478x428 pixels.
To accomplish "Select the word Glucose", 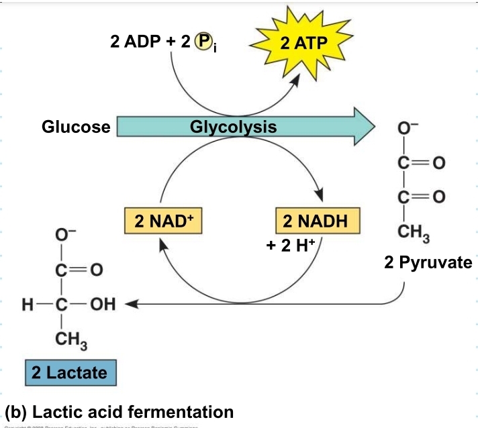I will [76, 127].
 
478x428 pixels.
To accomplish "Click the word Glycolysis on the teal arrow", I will [233, 126].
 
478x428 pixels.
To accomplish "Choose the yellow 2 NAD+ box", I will [163, 222].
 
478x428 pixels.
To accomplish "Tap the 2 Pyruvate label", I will [428, 262].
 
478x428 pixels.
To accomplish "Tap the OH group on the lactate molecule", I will [103, 305].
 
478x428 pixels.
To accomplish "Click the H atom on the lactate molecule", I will [28, 305].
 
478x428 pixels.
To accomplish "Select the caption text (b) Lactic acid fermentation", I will [119, 411].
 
